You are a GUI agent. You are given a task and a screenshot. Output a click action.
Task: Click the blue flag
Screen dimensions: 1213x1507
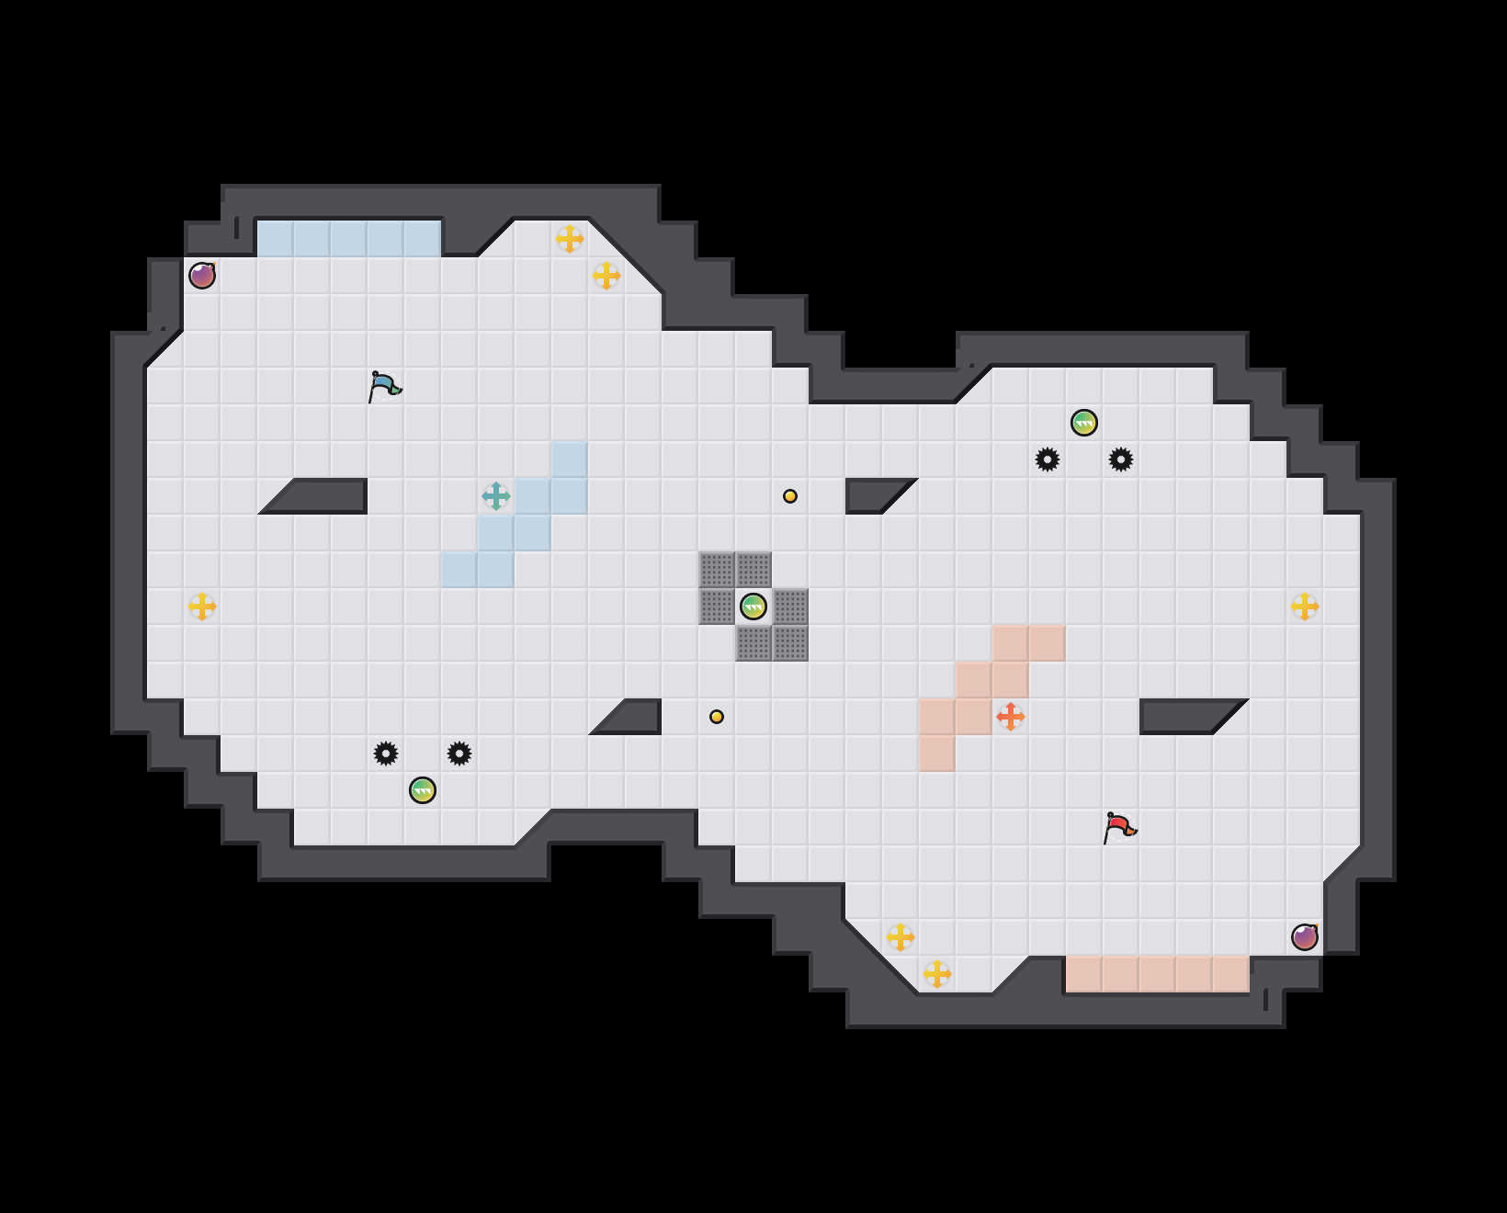(x=384, y=387)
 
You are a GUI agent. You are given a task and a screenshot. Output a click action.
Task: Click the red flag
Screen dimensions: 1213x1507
(x=1119, y=828)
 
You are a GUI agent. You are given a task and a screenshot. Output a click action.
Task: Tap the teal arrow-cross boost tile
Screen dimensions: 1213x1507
(x=496, y=496)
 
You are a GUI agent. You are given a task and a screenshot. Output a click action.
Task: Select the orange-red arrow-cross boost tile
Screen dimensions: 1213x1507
(x=1011, y=717)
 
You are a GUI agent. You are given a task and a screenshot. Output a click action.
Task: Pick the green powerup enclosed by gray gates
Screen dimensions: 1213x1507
(x=753, y=606)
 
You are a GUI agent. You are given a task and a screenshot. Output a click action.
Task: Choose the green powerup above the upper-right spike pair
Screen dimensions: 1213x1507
(x=1084, y=423)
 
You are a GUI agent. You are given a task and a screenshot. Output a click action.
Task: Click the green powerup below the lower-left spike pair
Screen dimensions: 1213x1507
(x=423, y=790)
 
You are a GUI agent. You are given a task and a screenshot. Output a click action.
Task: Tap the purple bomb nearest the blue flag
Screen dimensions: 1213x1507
(x=202, y=276)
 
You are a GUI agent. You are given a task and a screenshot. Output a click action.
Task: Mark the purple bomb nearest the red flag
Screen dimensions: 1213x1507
(x=1305, y=937)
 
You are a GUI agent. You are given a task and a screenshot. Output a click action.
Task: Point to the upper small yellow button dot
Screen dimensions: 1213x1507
(x=790, y=496)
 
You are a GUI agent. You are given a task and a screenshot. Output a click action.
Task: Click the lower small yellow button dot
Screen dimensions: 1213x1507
(x=717, y=717)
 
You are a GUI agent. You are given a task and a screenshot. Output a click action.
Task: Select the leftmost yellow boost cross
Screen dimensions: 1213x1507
(x=202, y=606)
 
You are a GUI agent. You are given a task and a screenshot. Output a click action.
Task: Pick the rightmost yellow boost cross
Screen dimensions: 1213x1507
(x=1305, y=606)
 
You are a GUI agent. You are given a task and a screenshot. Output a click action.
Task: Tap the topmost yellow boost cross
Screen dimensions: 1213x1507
(x=570, y=239)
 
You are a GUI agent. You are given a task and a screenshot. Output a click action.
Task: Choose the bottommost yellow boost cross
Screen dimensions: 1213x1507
(x=937, y=974)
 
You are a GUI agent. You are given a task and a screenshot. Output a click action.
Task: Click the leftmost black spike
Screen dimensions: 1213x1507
(x=386, y=754)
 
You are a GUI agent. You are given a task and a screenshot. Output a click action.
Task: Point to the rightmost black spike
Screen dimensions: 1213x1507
(x=1121, y=459)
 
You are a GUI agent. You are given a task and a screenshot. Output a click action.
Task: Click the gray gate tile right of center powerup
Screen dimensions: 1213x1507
(x=790, y=606)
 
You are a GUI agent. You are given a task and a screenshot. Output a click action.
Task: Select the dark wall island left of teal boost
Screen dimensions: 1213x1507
(x=322, y=496)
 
